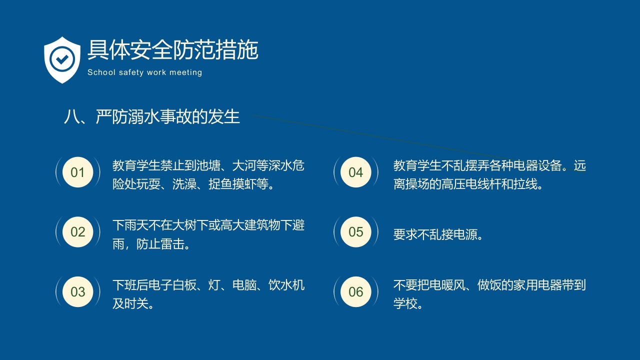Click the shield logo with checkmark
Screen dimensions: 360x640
point(62,59)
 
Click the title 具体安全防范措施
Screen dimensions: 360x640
point(172,50)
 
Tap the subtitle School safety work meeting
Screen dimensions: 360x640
point(144,72)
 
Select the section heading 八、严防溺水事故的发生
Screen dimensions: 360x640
point(152,116)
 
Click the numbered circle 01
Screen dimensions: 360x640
point(77,172)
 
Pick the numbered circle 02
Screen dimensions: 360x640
point(77,232)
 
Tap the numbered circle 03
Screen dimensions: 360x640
point(77,291)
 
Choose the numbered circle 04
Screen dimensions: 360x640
point(355,172)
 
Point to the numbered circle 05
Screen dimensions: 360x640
point(355,232)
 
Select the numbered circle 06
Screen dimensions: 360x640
point(355,291)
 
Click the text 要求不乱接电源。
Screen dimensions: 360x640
point(438,234)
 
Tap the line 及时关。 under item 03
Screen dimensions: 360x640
point(133,303)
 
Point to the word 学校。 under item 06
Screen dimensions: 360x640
point(408,303)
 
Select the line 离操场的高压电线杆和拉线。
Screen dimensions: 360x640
point(468,184)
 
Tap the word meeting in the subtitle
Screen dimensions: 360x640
point(185,72)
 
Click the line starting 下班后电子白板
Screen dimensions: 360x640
point(208,285)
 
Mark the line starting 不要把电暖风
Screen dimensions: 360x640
point(489,285)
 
